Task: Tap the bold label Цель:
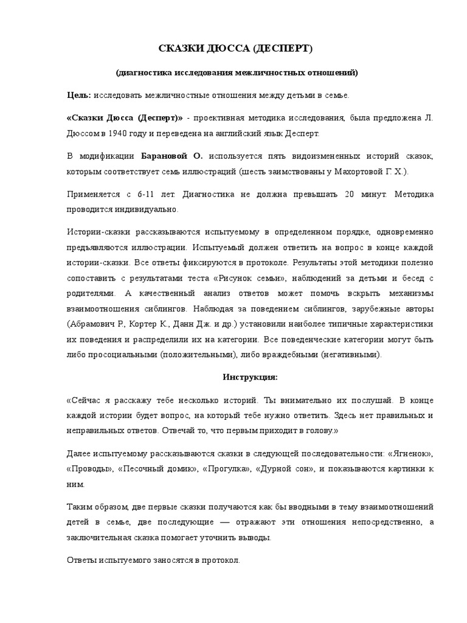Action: pos(78,96)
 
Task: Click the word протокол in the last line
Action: pos(220,560)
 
